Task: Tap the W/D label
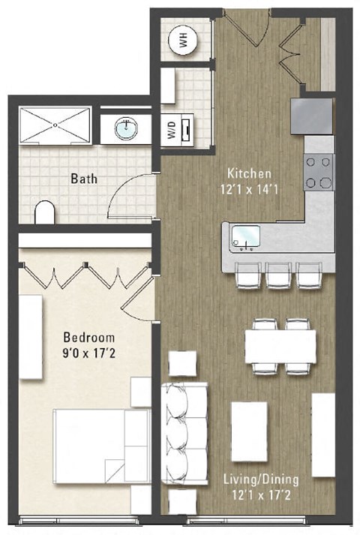pyautogui.click(x=171, y=131)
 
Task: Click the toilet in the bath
pyautogui.click(x=45, y=213)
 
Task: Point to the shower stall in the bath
pyautogui.click(x=54, y=125)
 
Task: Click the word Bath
pyautogui.click(x=83, y=179)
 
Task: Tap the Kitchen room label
pyautogui.click(x=246, y=173)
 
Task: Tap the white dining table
pyautogui.click(x=280, y=346)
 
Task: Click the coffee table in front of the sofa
pyautogui.click(x=249, y=431)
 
